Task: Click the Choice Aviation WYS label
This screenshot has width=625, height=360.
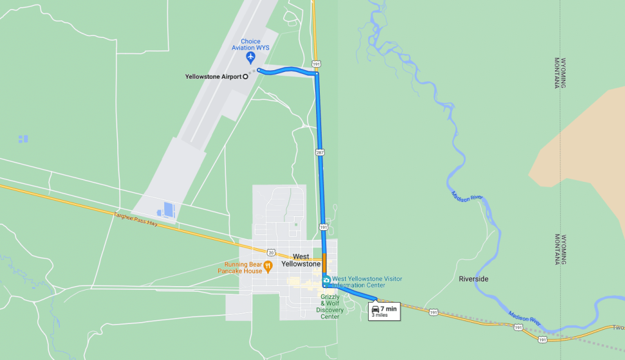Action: pos(250,45)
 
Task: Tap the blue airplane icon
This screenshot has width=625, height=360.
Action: pos(250,58)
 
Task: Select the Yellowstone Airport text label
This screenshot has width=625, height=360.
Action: pos(213,77)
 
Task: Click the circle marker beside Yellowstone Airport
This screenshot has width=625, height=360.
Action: pos(245,77)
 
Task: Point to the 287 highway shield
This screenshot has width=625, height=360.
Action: pos(320,152)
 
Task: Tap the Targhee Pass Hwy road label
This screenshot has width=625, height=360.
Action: pos(135,219)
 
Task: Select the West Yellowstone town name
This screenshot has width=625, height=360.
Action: pos(300,261)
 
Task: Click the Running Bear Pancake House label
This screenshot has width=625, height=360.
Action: pos(240,268)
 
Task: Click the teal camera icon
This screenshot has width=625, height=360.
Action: pos(327,281)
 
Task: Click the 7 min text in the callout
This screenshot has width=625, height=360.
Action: pos(389,309)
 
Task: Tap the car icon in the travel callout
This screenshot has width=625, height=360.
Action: pos(375,309)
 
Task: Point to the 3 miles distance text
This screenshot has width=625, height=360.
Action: pos(379,315)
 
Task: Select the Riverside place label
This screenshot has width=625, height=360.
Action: pos(473,279)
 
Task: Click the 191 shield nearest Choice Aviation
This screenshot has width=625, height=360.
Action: pos(316,63)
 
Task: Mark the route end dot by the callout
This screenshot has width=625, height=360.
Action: pos(376,300)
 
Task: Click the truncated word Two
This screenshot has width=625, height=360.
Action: pos(618,328)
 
